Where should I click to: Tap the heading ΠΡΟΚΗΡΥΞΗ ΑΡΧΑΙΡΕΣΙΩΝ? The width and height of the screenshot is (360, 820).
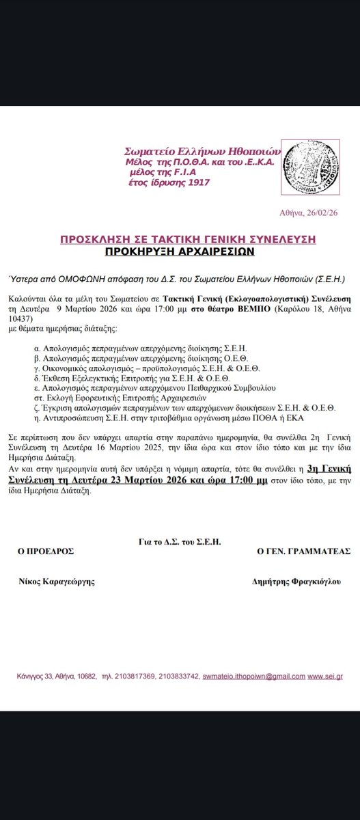tap(180, 251)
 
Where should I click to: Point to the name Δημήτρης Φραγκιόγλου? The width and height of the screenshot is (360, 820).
tap(296, 581)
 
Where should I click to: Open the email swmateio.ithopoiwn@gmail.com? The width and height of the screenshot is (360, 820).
tap(253, 676)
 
